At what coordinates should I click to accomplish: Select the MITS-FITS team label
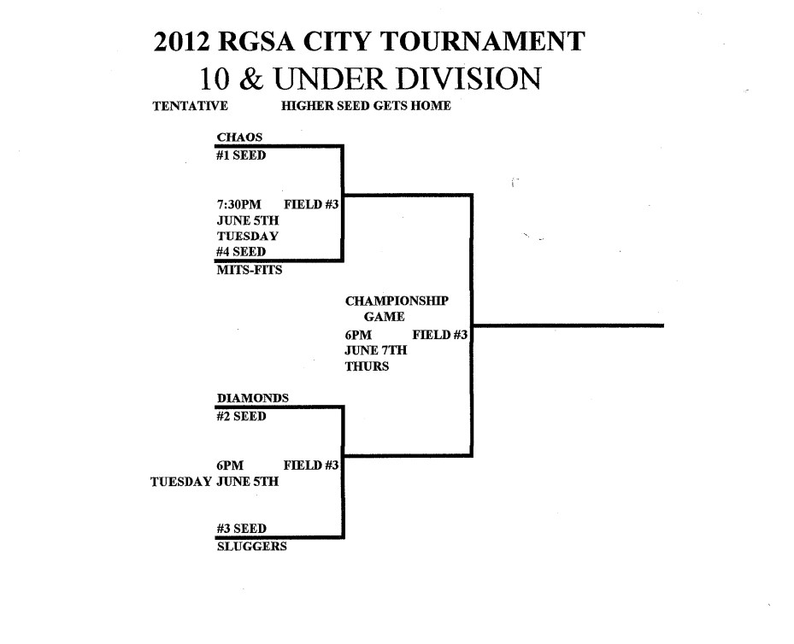coord(250,270)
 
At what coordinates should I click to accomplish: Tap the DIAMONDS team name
coord(253,397)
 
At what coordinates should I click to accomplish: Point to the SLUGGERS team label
coord(252,547)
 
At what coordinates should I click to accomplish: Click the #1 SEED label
coord(242,155)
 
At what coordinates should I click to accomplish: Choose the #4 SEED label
coord(242,252)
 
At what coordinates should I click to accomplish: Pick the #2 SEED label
coord(242,417)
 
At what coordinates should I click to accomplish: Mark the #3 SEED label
coord(242,529)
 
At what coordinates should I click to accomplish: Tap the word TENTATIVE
coord(190,107)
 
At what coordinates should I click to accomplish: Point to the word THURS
coord(367,366)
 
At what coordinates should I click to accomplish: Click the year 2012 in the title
coord(183,43)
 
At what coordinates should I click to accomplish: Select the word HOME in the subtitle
coord(432,107)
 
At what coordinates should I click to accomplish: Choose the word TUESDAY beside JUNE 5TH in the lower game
coord(180,482)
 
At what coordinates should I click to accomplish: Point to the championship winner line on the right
coord(568,325)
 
